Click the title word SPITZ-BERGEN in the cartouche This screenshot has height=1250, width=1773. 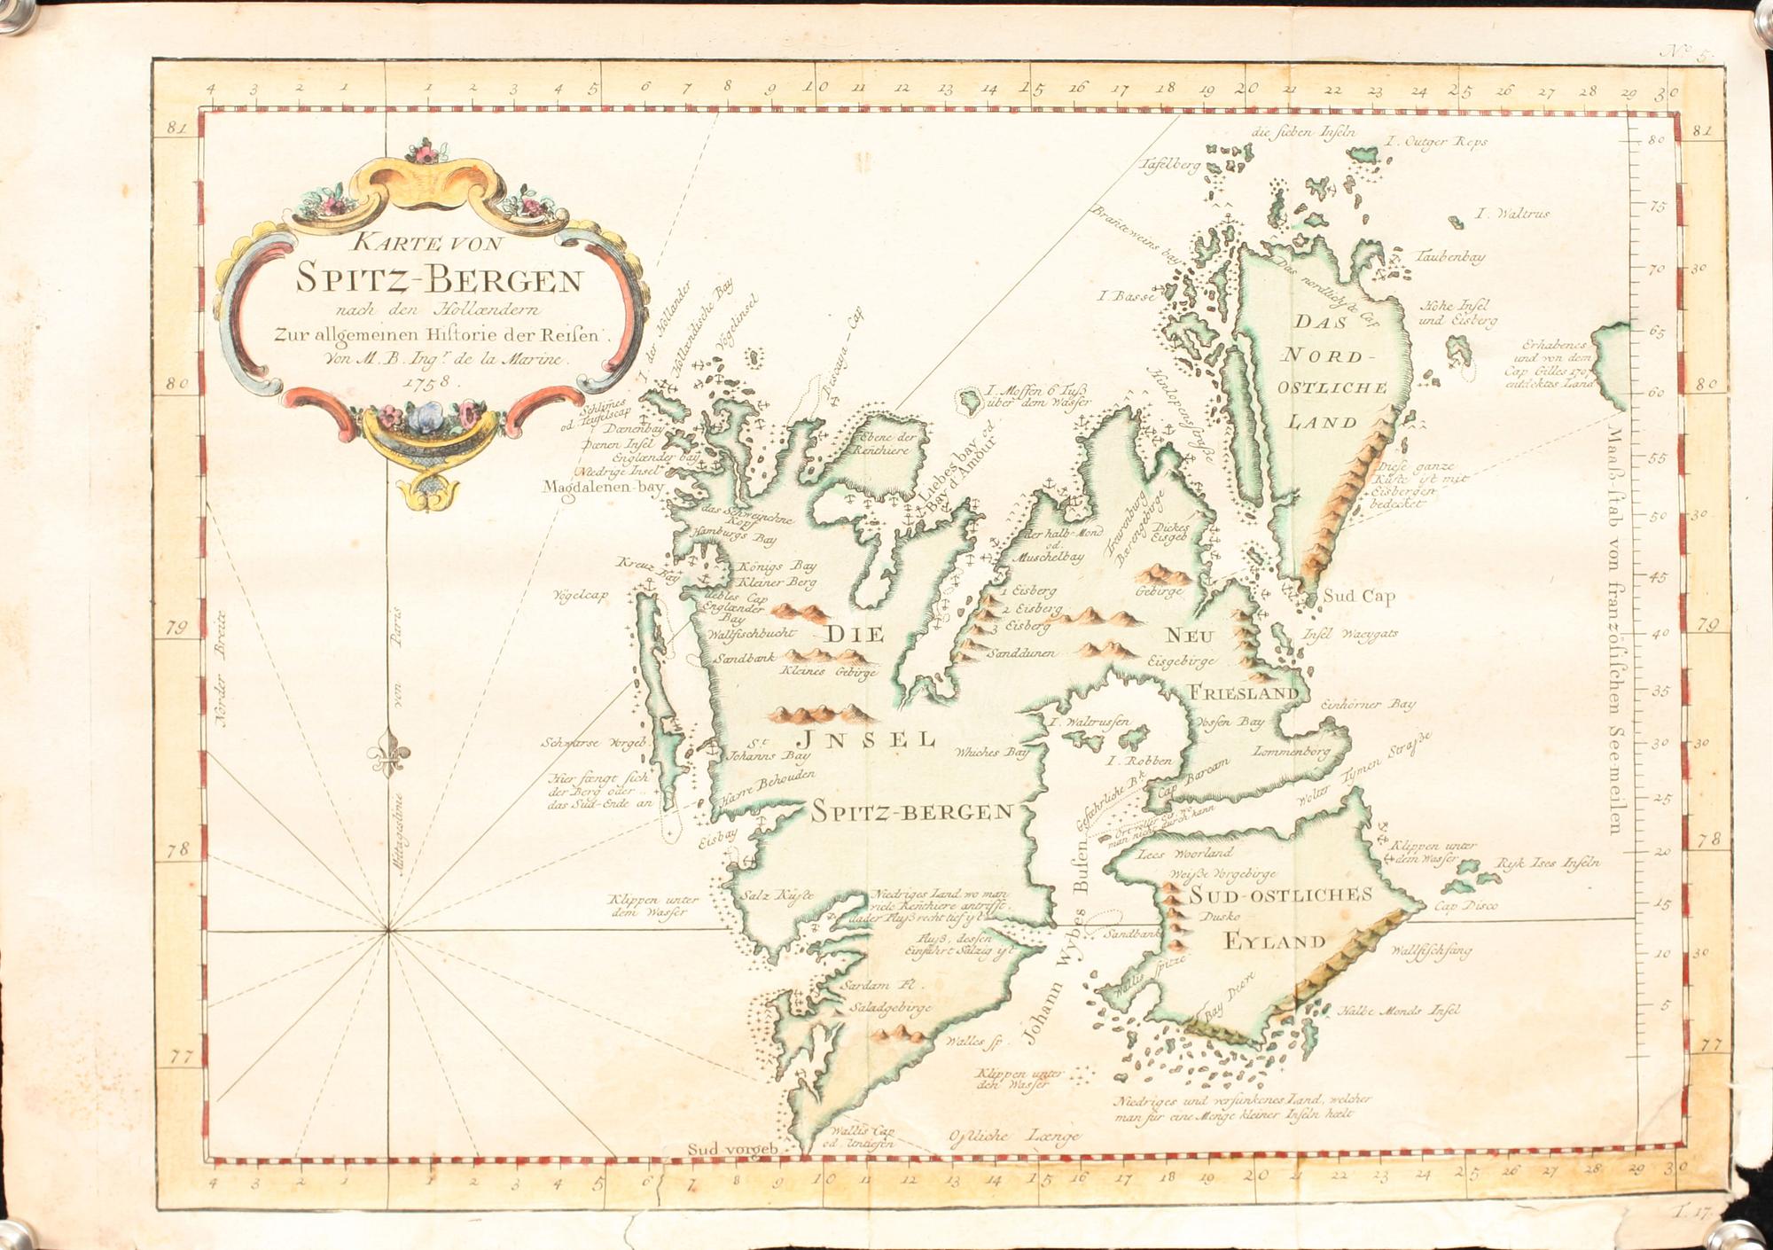pos(439,280)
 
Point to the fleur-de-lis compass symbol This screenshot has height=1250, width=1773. pos(389,755)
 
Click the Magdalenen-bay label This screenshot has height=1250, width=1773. pos(604,487)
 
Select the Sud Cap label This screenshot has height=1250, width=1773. pos(1359,596)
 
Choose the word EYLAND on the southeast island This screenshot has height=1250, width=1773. pos(1276,941)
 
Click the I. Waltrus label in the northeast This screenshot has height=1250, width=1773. pos(1512,214)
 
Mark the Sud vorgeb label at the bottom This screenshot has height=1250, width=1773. pos(732,1150)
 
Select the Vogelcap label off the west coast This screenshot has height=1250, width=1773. pos(580,595)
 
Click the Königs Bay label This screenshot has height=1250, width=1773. pos(780,566)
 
